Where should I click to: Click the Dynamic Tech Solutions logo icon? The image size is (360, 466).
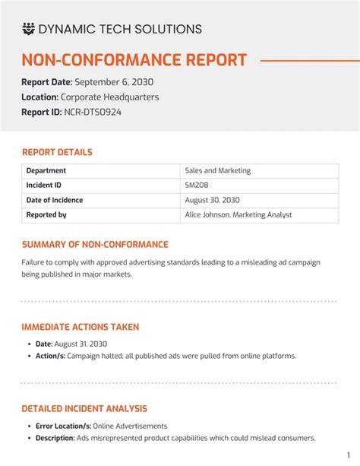[28, 29]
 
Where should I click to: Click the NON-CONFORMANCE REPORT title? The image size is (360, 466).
[134, 60]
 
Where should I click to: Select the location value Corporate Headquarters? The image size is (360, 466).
[110, 97]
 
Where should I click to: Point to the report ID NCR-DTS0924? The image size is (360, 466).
[93, 112]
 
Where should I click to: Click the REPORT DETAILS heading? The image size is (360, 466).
[57, 152]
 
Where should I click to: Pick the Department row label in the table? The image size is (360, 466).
[46, 171]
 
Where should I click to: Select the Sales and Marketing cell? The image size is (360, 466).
[218, 171]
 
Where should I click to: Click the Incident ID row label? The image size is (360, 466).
[44, 185]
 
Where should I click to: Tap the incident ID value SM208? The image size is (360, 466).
[197, 185]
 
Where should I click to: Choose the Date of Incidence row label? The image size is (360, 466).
[55, 200]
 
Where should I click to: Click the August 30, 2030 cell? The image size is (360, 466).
[213, 200]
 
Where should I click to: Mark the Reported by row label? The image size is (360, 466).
[46, 215]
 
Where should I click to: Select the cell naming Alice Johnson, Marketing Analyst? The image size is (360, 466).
[238, 215]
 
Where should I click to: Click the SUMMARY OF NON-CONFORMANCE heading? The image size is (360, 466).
[95, 245]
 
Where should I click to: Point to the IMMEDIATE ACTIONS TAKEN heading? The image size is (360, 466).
[81, 327]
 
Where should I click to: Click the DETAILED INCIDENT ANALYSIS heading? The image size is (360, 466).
[84, 409]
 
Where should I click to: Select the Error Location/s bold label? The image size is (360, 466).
[63, 426]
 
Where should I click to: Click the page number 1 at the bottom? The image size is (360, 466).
[348, 454]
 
